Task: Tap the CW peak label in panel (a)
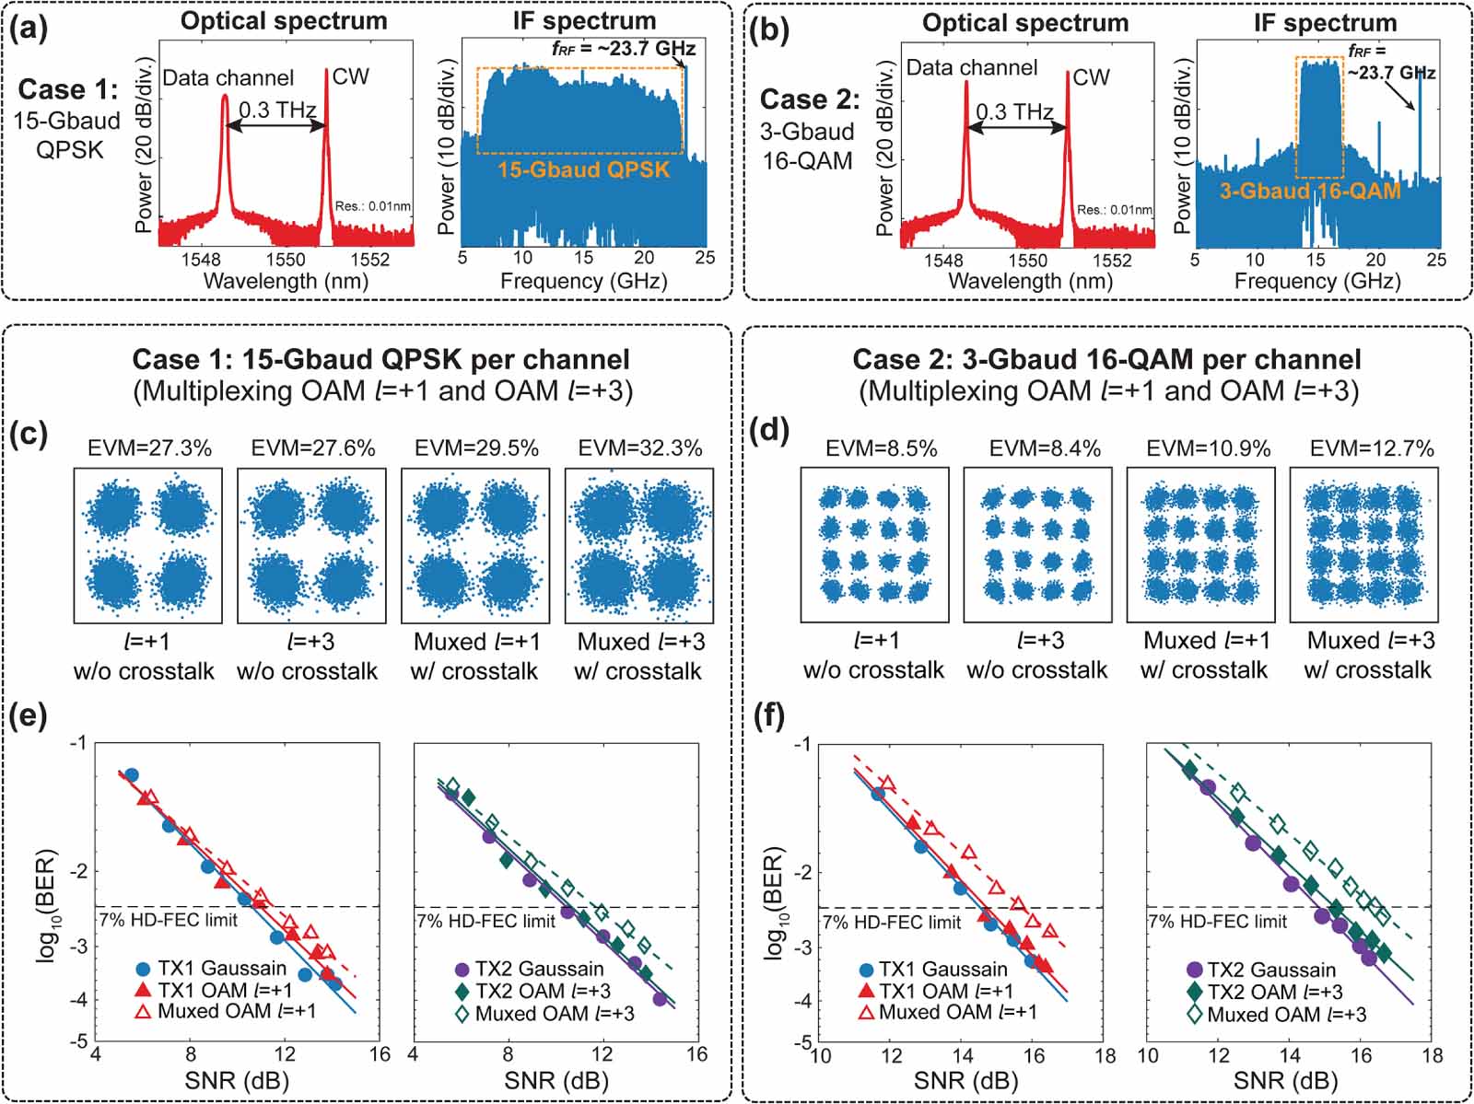(x=350, y=76)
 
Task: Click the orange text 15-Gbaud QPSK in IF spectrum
(x=583, y=169)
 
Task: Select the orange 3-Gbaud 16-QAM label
(x=1309, y=192)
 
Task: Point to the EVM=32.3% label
(x=639, y=448)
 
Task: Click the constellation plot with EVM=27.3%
(x=147, y=545)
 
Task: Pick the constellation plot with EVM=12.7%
(x=1363, y=545)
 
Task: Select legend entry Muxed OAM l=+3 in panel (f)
(x=1286, y=1015)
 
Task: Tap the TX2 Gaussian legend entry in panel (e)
(x=539, y=969)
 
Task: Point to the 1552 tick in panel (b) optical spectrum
(x=1112, y=261)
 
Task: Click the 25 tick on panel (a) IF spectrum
(x=705, y=259)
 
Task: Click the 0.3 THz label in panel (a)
(x=277, y=110)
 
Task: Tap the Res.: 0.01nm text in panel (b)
(x=1115, y=210)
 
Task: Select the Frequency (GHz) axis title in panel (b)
(x=1317, y=282)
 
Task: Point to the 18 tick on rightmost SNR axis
(x=1431, y=1055)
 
